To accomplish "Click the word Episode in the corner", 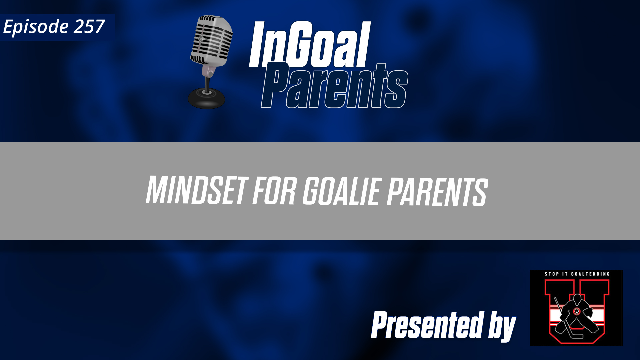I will [x=36, y=27].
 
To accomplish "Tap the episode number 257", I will [x=89, y=27].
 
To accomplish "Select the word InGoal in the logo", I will [x=309, y=45].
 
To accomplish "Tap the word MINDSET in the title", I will [x=197, y=190].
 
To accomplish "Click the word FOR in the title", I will [x=274, y=191].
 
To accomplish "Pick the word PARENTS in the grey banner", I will [x=437, y=192].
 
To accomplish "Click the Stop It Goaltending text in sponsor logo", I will [x=577, y=274].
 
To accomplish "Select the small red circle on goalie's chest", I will [x=577, y=312].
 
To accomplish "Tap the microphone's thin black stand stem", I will [x=207, y=83].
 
